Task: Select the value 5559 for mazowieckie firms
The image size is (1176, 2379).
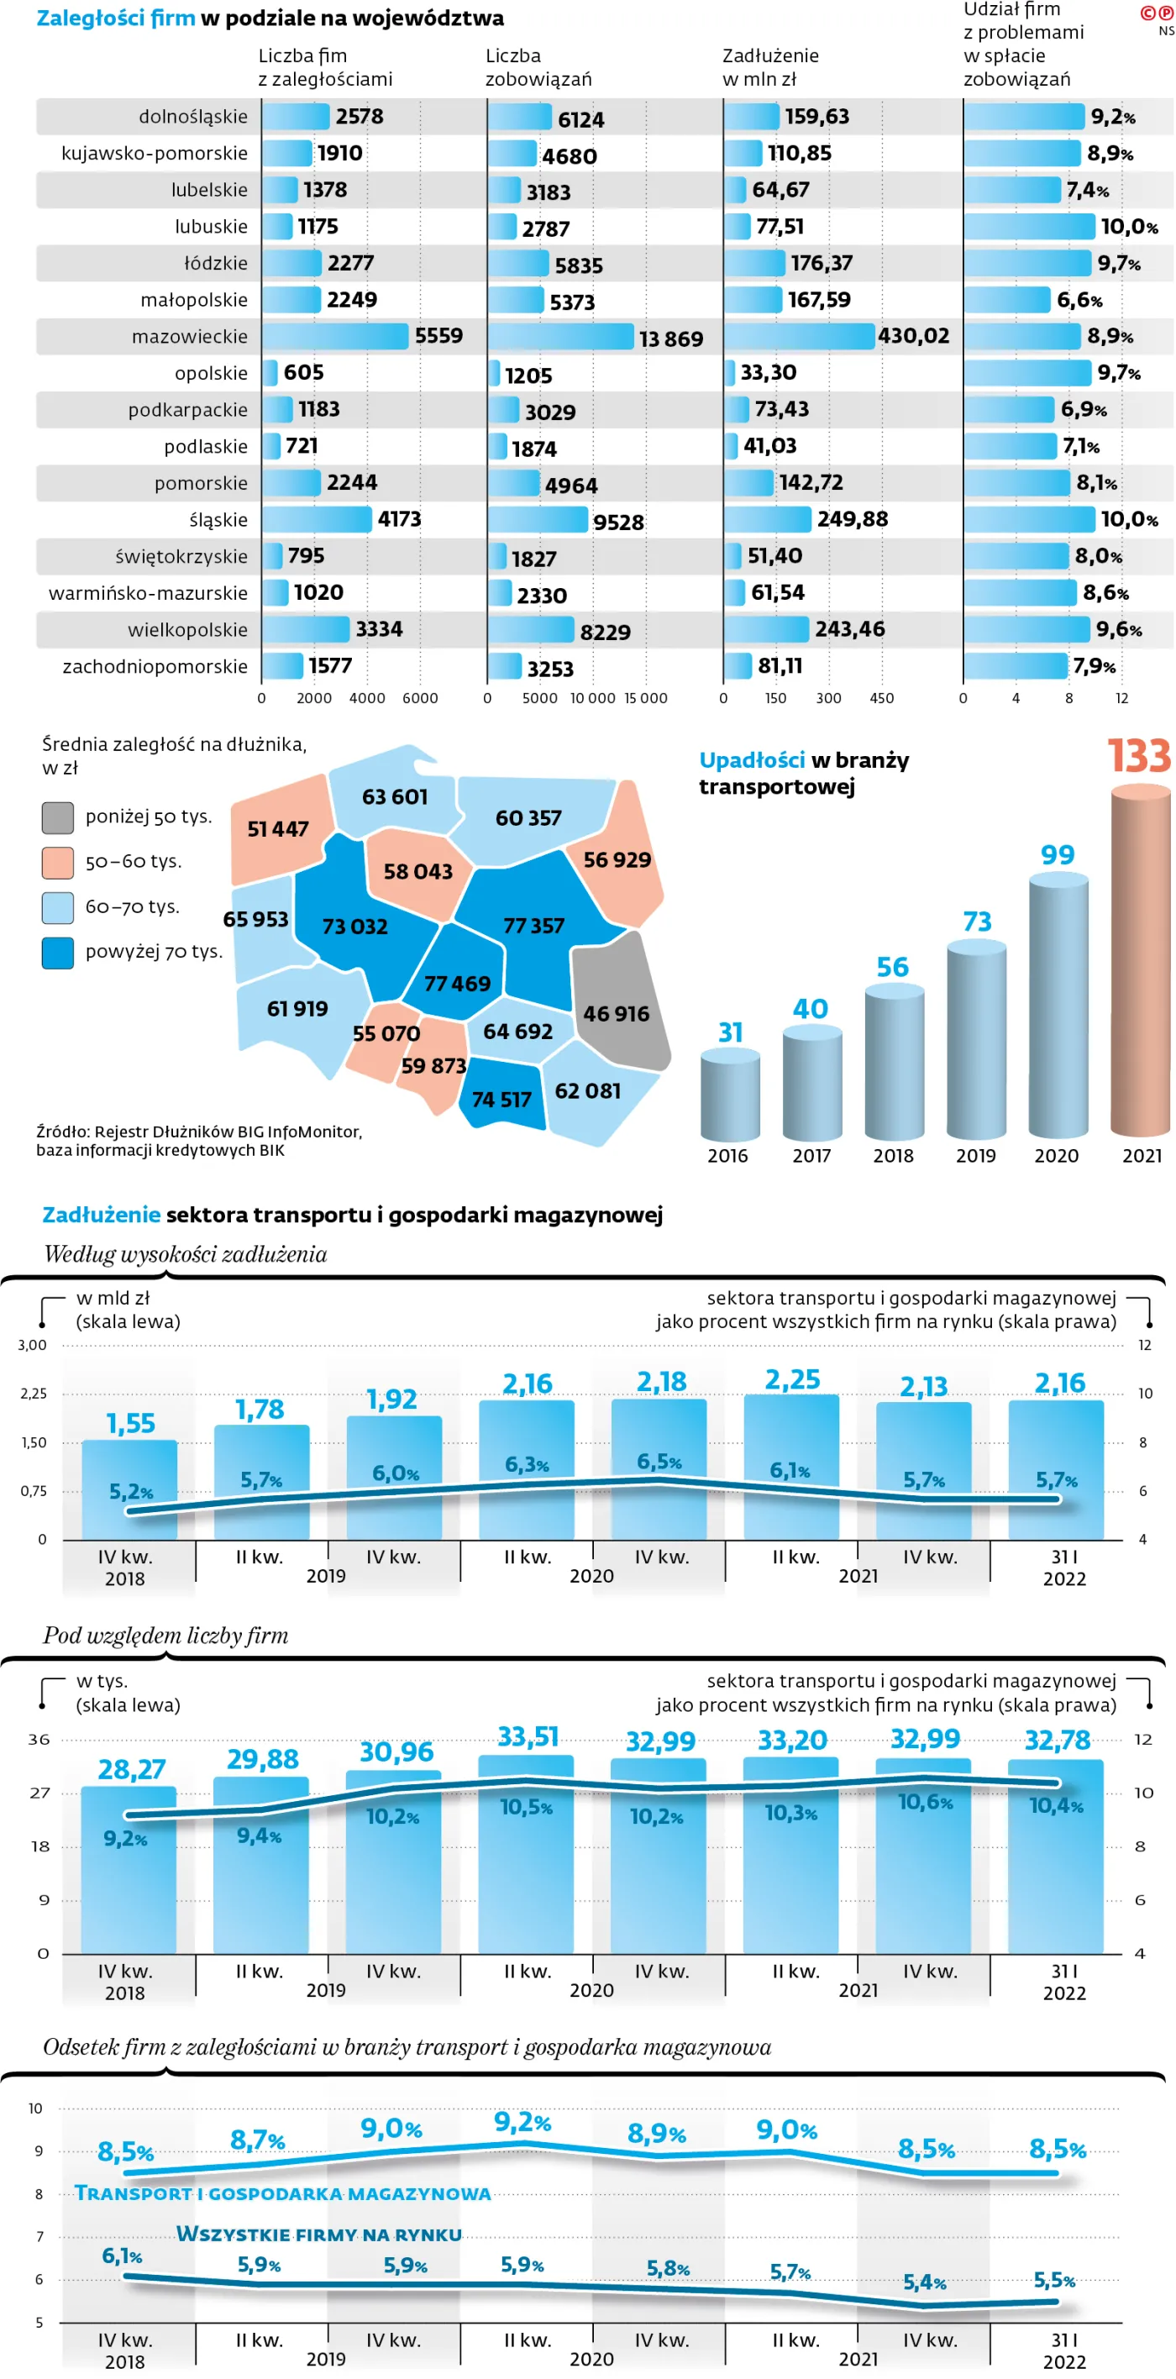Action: pyautogui.click(x=438, y=336)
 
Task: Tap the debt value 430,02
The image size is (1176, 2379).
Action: pyautogui.click(x=913, y=336)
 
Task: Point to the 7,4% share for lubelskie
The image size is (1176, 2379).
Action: pyautogui.click(x=1087, y=190)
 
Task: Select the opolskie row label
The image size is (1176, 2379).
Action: pyautogui.click(x=211, y=373)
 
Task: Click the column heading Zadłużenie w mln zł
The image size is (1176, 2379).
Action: pyautogui.click(x=769, y=67)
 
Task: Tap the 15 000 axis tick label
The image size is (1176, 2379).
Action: pyautogui.click(x=645, y=698)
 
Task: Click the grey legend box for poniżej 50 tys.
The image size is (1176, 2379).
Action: pyautogui.click(x=57, y=817)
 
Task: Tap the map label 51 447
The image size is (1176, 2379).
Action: pyautogui.click(x=277, y=829)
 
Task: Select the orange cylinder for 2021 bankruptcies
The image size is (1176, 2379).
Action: pyautogui.click(x=1140, y=960)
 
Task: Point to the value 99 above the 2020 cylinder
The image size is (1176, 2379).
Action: pyautogui.click(x=1057, y=855)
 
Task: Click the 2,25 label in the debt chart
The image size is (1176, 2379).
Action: pyautogui.click(x=791, y=1379)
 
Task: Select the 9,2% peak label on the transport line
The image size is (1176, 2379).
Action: pyautogui.click(x=522, y=2122)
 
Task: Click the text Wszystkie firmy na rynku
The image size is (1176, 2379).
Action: pyautogui.click(x=318, y=2234)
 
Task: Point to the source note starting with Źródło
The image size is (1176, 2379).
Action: pyautogui.click(x=198, y=1141)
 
